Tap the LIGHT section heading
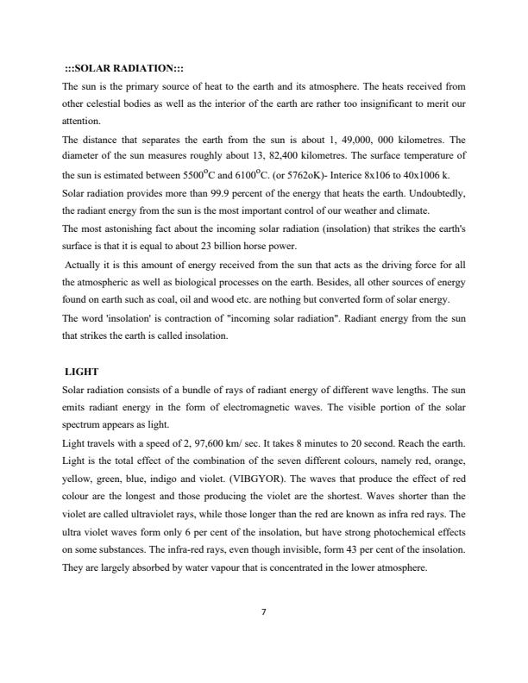[x=82, y=372]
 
